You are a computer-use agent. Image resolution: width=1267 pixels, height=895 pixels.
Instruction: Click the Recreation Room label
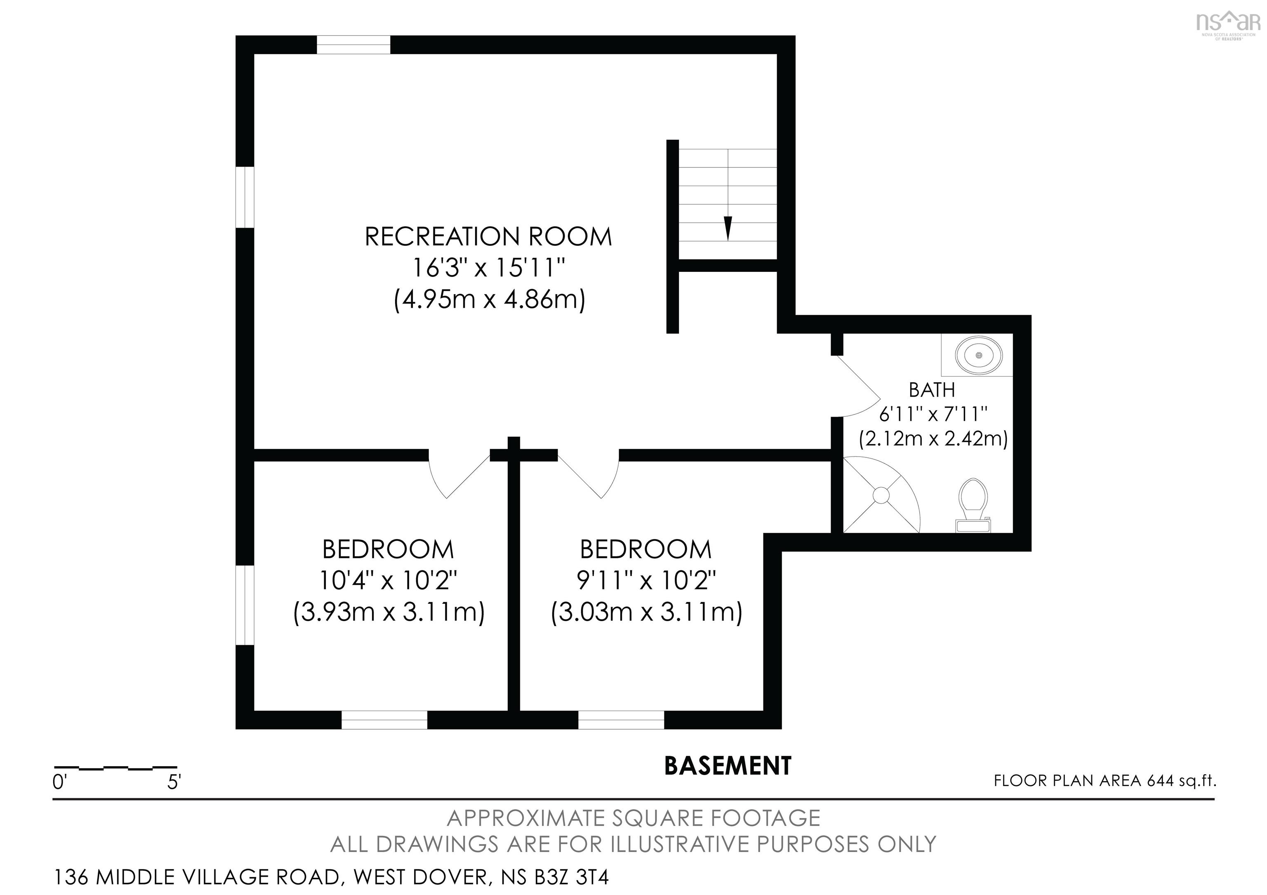tap(488, 237)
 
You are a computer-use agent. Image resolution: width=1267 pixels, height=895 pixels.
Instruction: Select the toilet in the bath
tap(973, 505)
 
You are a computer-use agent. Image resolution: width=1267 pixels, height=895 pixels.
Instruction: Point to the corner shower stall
tap(880, 495)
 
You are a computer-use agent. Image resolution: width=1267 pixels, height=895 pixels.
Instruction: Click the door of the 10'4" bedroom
tap(459, 475)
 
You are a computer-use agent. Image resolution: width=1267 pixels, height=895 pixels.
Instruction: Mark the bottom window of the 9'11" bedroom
tap(621, 720)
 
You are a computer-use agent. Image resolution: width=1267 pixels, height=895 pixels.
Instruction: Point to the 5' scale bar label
tap(174, 782)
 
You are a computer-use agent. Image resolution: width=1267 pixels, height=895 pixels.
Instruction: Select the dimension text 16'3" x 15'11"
tap(489, 269)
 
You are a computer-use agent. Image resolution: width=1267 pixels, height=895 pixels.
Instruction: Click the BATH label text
tap(932, 390)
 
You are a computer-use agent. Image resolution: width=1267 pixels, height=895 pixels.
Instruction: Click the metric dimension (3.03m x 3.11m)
tap(646, 612)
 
